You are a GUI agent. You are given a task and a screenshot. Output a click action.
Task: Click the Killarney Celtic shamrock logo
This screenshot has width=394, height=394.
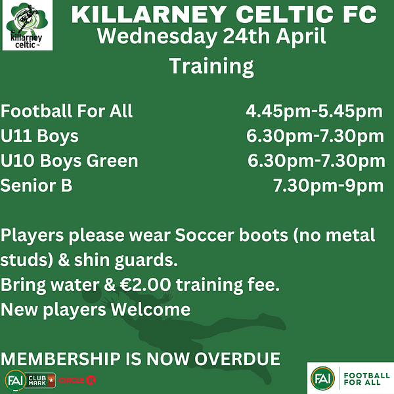coord(28,25)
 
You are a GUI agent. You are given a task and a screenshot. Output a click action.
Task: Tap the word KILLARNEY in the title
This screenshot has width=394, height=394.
coord(149,14)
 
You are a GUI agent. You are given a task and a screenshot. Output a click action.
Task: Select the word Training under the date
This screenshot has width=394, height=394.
coord(211,66)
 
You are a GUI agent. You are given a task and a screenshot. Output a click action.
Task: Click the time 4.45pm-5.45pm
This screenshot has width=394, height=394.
coord(314,112)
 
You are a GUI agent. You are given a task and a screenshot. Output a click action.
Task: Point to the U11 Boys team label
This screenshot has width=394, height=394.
coord(39,136)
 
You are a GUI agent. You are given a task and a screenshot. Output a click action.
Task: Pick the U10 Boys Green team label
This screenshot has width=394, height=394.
coord(70,161)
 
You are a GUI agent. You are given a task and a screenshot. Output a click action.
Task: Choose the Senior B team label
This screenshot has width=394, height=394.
coord(36,185)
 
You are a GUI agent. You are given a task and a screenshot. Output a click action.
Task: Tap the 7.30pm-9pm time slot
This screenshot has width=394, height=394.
coord(328,186)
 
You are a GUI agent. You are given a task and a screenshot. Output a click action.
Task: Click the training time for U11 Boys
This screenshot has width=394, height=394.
coord(315,136)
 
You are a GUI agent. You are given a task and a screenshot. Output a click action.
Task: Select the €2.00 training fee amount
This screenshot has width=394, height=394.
coord(146,285)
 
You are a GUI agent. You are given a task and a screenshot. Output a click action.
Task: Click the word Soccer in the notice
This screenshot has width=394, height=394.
coord(204,235)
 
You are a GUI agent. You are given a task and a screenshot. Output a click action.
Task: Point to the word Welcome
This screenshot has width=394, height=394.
coord(150,309)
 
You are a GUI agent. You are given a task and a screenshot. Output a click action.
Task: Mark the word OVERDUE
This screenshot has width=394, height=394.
coord(237,359)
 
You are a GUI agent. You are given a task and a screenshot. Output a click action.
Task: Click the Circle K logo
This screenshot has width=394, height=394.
coord(77,380)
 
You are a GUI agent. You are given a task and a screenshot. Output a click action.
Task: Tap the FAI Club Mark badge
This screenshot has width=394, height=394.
coord(30,380)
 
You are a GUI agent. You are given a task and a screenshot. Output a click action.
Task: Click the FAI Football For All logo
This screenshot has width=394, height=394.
coord(350,378)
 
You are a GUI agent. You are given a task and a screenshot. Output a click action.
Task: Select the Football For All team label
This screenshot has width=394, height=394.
coord(66,111)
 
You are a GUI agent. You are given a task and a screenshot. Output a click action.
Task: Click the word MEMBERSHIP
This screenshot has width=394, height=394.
coord(60,359)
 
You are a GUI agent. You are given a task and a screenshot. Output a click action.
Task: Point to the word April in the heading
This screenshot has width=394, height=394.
coord(301,37)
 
